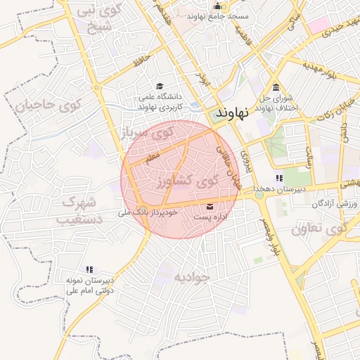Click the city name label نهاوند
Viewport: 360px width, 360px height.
pyautogui.click(x=231, y=113)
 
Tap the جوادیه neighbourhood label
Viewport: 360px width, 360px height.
pyautogui.click(x=191, y=276)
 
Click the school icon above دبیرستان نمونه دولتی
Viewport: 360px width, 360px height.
pyautogui.click(x=89, y=269)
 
